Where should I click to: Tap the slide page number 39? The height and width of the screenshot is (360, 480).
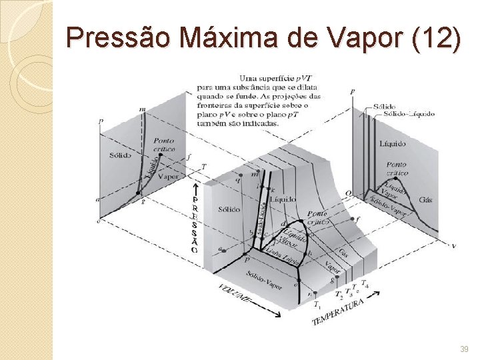tap(464, 349)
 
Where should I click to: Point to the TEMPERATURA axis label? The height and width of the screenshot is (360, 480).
tap(337, 312)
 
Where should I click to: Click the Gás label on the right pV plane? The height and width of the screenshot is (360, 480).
tap(425, 200)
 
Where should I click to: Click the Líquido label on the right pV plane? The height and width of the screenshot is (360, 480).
tap(392, 143)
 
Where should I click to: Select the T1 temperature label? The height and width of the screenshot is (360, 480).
tap(317, 304)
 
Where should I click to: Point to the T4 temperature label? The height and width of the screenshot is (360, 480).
tap(365, 286)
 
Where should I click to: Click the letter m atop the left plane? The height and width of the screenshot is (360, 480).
tap(143, 109)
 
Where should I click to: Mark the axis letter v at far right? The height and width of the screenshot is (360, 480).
tap(454, 246)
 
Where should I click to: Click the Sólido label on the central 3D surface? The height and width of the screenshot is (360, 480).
tap(229, 209)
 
